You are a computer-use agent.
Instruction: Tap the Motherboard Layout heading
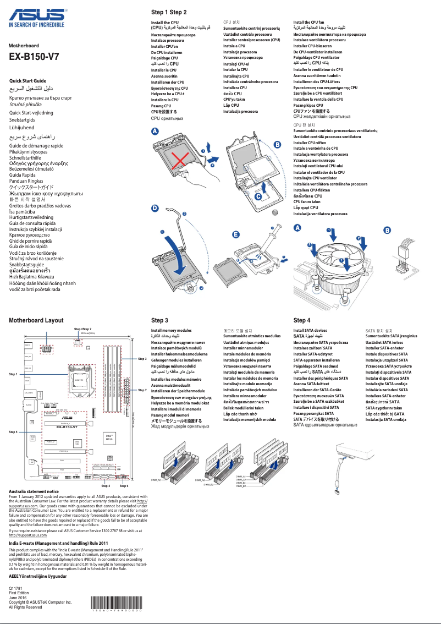[36, 320]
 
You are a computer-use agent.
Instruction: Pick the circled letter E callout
[236, 234]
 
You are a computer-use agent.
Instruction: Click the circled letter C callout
[258, 196]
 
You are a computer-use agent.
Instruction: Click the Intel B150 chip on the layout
[109, 437]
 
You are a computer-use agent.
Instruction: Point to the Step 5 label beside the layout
[14, 433]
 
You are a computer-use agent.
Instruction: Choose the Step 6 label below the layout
[124, 486]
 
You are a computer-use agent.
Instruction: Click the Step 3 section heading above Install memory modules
[159, 320]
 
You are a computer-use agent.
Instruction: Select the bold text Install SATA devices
[310, 330]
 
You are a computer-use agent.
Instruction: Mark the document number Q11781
[16, 588]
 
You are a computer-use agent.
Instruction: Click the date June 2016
[18, 598]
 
